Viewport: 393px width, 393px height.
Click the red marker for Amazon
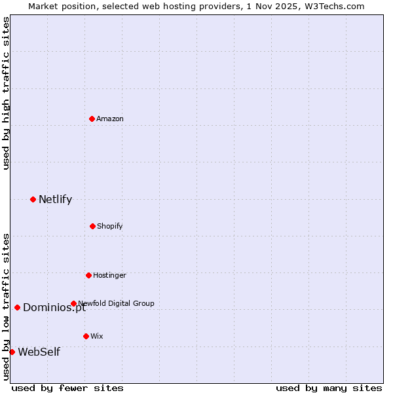pos(92,119)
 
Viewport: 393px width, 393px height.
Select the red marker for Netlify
pos(33,199)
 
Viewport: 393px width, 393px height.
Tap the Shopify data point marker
pos(92,226)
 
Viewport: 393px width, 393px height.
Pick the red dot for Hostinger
pos(88,275)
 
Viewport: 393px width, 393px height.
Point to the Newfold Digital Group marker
pos(73,303)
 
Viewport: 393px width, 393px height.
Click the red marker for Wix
pos(86,336)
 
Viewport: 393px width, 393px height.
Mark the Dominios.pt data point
pos(17,307)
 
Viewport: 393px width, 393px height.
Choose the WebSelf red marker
pos(12,352)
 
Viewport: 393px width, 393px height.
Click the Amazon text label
pos(110,119)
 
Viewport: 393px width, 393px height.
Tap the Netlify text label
pos(55,199)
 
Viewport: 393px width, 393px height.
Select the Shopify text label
pos(110,226)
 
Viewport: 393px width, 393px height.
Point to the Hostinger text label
pos(109,275)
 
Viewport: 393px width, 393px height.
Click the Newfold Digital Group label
pos(116,303)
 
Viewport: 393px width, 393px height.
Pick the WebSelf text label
pos(39,352)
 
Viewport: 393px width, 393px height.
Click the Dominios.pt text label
pos(54,308)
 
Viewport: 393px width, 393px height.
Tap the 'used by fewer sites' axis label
pos(67,388)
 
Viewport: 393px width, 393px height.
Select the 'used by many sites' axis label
pos(329,388)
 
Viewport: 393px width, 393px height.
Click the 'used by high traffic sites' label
pos(6,93)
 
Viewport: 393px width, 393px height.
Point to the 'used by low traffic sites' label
pos(6,306)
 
